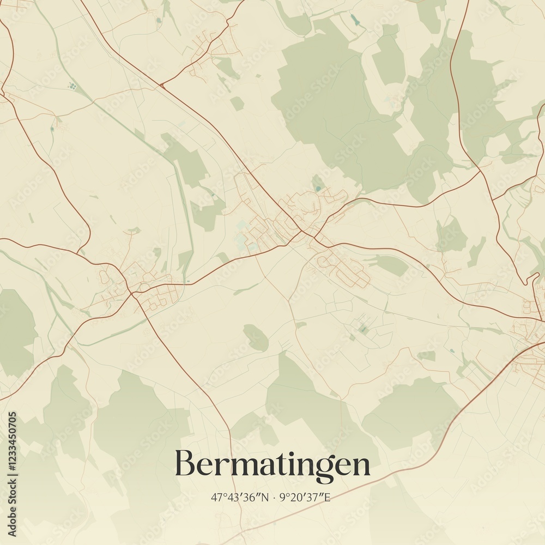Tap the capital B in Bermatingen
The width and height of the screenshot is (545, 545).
click(x=184, y=464)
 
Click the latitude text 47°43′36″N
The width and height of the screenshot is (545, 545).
click(x=240, y=497)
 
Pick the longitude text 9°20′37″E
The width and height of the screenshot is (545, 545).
click(x=305, y=497)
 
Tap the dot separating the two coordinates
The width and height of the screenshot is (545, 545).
click(x=274, y=497)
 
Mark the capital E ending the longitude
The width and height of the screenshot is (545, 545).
click(x=327, y=497)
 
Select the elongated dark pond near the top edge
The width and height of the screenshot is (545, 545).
click(x=355, y=20)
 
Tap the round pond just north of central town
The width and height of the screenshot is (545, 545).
click(x=318, y=189)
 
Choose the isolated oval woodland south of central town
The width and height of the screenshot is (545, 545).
click(x=256, y=337)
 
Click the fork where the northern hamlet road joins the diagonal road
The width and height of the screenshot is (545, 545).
click(x=161, y=86)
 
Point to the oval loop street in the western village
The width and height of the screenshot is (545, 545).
click(x=104, y=277)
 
